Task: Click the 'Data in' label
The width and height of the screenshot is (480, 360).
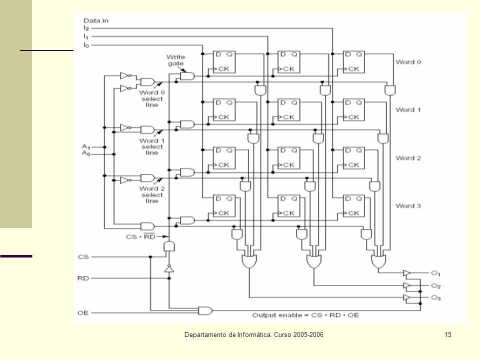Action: coord(96,20)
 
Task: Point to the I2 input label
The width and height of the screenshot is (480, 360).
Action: coord(86,28)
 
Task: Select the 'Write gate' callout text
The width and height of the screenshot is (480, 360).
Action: coord(175,60)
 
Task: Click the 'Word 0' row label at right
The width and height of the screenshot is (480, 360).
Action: coord(408,62)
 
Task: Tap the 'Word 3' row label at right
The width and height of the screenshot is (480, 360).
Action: coord(408,205)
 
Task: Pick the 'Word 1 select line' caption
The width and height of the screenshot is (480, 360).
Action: coord(152,146)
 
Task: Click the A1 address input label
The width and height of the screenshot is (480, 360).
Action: coord(85,147)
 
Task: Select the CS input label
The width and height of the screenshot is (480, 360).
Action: coord(83,256)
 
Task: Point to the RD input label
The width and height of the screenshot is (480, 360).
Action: coord(83,278)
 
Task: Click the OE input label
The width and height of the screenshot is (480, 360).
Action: coord(83,312)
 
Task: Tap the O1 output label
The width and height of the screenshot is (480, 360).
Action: coord(435,273)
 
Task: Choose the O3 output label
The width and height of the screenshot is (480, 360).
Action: coord(435,297)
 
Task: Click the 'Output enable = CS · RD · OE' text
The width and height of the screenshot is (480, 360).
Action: coord(305,315)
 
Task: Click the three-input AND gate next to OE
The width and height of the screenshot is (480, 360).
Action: coord(205,310)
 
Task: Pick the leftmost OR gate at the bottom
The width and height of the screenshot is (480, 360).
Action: coord(249,261)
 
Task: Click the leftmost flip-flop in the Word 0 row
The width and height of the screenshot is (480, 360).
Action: coord(224,62)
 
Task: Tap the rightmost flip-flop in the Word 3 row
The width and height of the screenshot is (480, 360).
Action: coord(354,205)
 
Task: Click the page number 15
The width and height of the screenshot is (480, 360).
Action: coord(448,334)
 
